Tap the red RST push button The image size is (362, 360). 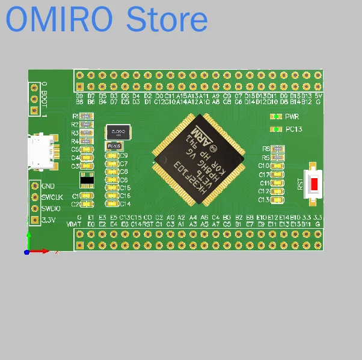pyautogui.click(x=314, y=182)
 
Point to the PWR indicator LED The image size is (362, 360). pyautogui.click(x=276, y=117)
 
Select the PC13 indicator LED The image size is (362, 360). pyautogui.click(x=276, y=129)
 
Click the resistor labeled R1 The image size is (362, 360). pyautogui.click(x=86, y=116)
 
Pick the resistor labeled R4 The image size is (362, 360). pyautogui.click(x=86, y=141)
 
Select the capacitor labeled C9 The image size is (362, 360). pyautogui.click(x=112, y=156)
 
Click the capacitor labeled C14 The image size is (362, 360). pyautogui.click(x=112, y=203)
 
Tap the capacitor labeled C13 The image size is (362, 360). pyautogui.click(x=277, y=200)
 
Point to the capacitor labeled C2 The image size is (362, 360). pyautogui.click(x=87, y=204)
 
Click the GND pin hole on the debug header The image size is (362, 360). pyautogui.click(x=35, y=187)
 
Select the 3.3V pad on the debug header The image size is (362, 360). pyautogui.click(x=35, y=220)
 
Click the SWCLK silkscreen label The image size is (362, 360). pyautogui.click(x=52, y=197)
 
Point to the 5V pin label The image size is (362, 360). pyautogui.click(x=318, y=96)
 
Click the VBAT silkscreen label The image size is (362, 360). pyautogui.click(x=74, y=224)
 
